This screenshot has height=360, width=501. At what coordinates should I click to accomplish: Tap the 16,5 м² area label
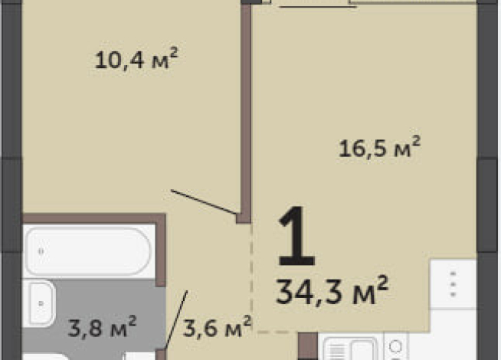pos(379,146)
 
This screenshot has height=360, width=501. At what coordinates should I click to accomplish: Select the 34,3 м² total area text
pos(332,290)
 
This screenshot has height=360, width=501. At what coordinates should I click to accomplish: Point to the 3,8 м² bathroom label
pos(103,326)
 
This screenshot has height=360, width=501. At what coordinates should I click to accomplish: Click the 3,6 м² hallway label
pos(218,326)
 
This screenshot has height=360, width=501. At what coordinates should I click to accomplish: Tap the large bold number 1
pos(296,236)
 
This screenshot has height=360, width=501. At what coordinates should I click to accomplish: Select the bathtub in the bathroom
pos(88,251)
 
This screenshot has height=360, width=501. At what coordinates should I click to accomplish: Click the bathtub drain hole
pos(41,251)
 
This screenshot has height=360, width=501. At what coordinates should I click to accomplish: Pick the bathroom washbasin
pos(41,303)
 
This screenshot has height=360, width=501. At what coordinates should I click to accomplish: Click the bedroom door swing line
pos(204,202)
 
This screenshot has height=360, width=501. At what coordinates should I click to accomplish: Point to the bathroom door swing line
pos(175,319)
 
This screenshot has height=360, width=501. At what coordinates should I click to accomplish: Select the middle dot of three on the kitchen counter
pos(453,284)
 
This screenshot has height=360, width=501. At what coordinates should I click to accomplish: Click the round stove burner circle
pos(395,347)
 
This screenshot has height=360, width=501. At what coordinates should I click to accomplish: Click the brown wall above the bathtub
pos(93,218)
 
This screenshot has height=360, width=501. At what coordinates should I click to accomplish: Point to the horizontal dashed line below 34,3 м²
pos(277,332)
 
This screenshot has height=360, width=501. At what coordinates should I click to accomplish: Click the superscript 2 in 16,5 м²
pos(416,141)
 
